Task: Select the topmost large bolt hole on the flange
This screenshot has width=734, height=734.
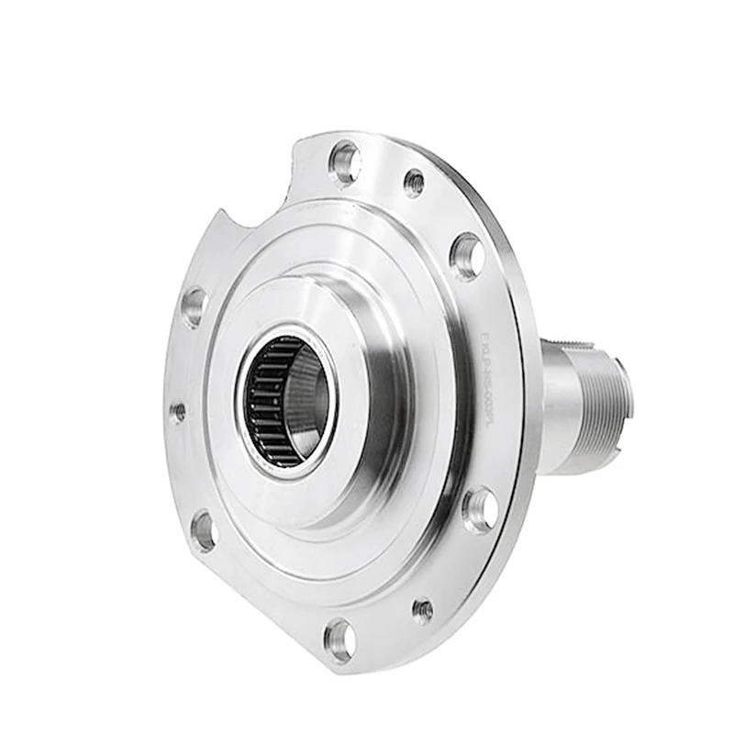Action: click(345, 162)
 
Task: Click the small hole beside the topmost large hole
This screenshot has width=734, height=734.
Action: click(414, 183)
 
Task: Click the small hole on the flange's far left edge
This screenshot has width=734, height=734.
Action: click(178, 412)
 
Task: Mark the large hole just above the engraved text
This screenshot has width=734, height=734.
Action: click(467, 256)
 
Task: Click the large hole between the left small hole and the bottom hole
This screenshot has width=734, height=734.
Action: click(204, 531)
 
